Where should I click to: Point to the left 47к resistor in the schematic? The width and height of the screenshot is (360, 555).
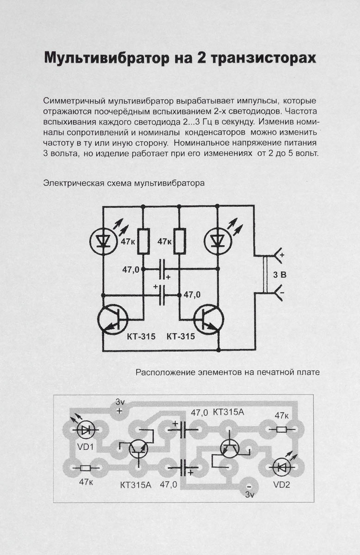point(143,241)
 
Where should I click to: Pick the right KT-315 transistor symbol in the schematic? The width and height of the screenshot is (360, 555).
point(208,319)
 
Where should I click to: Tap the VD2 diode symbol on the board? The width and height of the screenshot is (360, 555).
point(280,467)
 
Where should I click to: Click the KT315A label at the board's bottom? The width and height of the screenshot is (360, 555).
point(136,485)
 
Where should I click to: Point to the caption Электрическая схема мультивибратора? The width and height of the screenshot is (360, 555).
point(123,183)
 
